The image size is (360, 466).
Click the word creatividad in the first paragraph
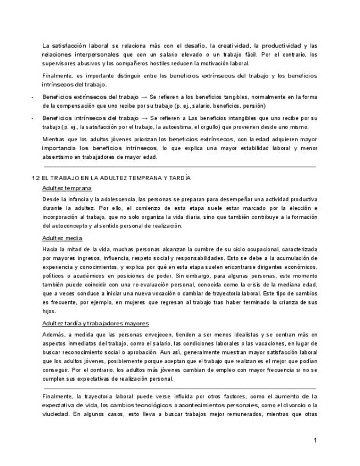click(x=224, y=46)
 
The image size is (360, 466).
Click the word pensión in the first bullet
click(x=255, y=105)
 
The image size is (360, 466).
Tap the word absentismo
click(x=58, y=157)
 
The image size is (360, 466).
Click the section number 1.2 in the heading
click(x=36, y=178)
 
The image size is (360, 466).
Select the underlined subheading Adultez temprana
click(x=67, y=188)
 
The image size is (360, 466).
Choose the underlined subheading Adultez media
click(x=62, y=238)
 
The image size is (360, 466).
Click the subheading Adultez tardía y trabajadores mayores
click(x=95, y=323)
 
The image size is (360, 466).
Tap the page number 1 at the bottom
click(x=315, y=441)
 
